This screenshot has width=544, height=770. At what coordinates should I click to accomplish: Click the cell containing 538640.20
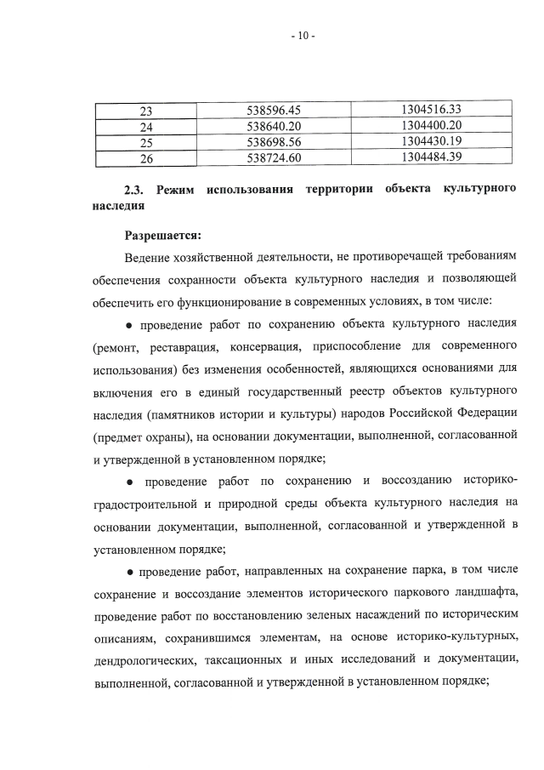coord(274,126)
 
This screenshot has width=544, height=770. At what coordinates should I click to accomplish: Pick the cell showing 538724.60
coord(274,157)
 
